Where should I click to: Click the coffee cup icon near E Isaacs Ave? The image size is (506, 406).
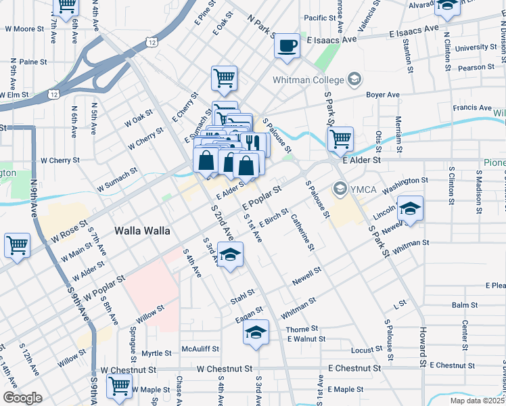pyautogui.click(x=287, y=45)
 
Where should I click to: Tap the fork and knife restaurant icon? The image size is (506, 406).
pyautogui.click(x=254, y=143)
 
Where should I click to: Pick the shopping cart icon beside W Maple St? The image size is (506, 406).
pyautogui.click(x=120, y=386)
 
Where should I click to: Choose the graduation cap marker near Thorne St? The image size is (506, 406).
pyautogui.click(x=255, y=333)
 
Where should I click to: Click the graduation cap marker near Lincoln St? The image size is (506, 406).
pyautogui.click(x=409, y=208)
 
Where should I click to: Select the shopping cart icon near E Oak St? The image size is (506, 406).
pyautogui.click(x=224, y=77)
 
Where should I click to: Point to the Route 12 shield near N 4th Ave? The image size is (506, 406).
pyautogui.click(x=152, y=42)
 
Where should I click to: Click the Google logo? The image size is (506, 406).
pyautogui.click(x=22, y=398)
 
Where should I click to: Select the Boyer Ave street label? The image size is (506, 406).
pyautogui.click(x=383, y=95)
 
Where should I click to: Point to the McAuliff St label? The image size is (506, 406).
pyautogui.click(x=200, y=348)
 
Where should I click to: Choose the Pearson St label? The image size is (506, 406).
pyautogui.click(x=476, y=68)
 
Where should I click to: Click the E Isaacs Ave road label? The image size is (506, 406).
pyautogui.click(x=331, y=40)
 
